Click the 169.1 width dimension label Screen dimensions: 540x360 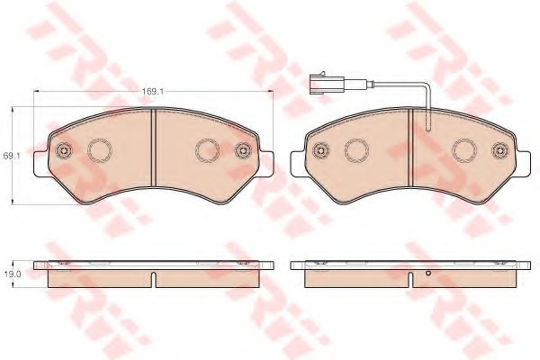click(x=153, y=91)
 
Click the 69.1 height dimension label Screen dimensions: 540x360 click(x=12, y=156)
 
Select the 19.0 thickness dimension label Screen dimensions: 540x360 click(x=12, y=274)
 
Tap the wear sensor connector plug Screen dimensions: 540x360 click(x=326, y=84)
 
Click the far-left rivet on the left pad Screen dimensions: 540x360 click(x=64, y=150)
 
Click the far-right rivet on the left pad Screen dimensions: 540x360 click(x=243, y=150)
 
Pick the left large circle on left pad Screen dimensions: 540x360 click(x=100, y=150)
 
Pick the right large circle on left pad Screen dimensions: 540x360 click(x=207, y=150)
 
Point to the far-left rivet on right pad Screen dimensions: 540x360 click(x=320, y=150)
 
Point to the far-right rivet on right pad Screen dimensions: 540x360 click(x=500, y=150)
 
